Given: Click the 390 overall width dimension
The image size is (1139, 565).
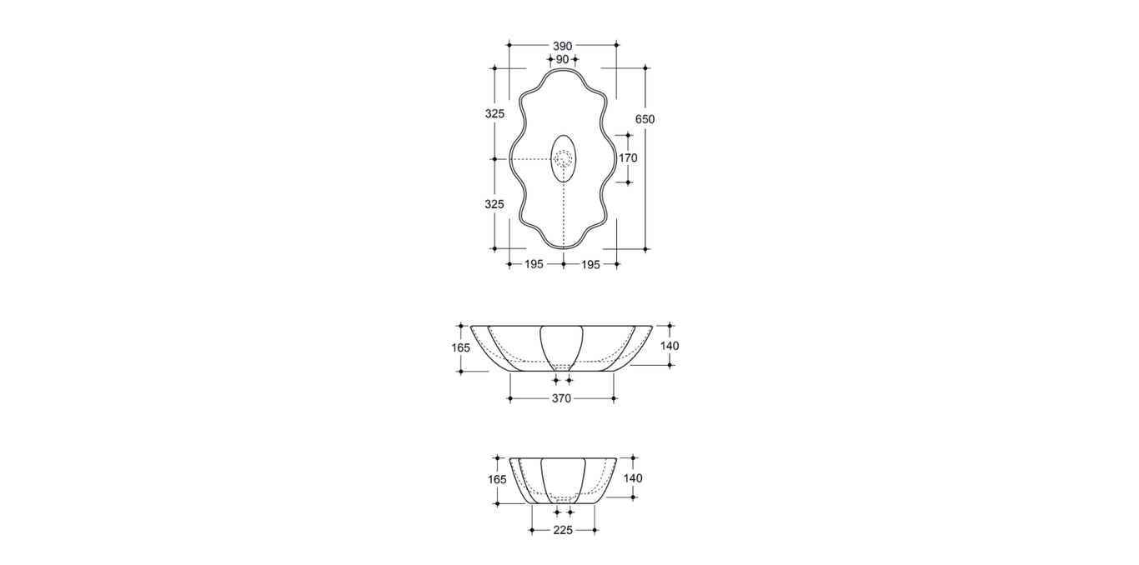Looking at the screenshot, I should click(x=562, y=45).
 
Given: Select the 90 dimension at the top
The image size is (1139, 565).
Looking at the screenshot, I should click(x=562, y=60).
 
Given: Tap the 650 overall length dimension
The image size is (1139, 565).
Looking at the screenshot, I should click(x=645, y=119).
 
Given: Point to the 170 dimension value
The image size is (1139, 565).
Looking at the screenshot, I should click(x=628, y=157).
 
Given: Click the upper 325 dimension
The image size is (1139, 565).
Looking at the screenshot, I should click(x=494, y=113).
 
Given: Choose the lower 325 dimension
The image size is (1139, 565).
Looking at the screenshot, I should click(x=494, y=203).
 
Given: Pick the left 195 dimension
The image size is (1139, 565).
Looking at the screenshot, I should click(x=534, y=264).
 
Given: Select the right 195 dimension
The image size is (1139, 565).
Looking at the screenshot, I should click(x=590, y=264).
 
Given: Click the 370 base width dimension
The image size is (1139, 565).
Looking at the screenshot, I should click(x=561, y=399).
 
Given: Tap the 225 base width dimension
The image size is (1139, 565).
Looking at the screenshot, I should click(x=563, y=530).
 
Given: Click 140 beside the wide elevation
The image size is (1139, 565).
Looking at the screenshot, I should click(x=670, y=345).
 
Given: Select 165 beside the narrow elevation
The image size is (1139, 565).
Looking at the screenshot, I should click(x=497, y=479).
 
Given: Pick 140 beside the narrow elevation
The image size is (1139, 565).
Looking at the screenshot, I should click(x=633, y=478).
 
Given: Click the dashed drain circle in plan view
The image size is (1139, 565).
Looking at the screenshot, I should click(x=564, y=158).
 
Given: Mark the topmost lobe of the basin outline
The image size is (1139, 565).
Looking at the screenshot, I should click(x=563, y=72).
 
